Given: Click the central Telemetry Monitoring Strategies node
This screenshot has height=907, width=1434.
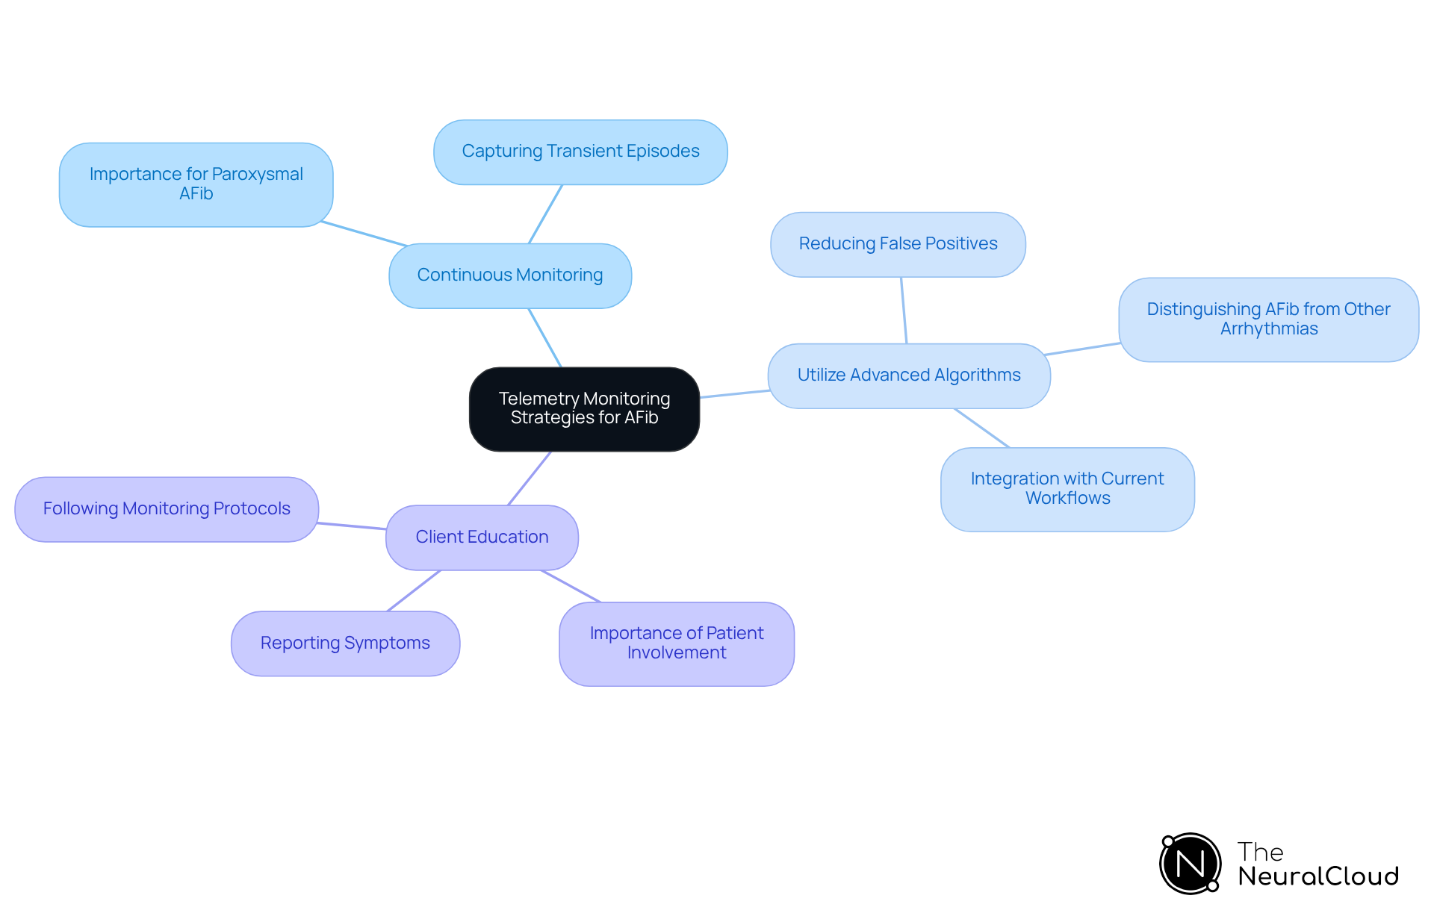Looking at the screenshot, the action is [x=584, y=409].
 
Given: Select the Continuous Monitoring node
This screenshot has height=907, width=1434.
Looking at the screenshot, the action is [x=510, y=275].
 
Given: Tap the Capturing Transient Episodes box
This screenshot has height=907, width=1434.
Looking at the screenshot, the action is [x=580, y=152].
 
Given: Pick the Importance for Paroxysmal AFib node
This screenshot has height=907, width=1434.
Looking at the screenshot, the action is [x=196, y=184].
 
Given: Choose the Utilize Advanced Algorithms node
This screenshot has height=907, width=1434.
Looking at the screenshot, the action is [x=909, y=375].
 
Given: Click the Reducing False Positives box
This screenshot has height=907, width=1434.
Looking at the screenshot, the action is [x=898, y=245].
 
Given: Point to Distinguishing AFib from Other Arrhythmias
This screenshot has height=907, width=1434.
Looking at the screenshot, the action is [x=1268, y=320].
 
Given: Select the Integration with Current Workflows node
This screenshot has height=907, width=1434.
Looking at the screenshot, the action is [x=1067, y=489].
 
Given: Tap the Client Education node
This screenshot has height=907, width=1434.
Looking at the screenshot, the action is [x=482, y=537].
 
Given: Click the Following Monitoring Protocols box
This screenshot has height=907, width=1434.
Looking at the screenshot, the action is [x=167, y=509].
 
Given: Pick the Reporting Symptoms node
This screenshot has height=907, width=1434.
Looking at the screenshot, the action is [x=345, y=643].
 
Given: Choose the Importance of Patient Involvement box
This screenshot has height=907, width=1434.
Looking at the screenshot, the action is [x=677, y=643].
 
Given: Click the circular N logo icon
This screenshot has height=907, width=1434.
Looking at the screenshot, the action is [x=1191, y=864].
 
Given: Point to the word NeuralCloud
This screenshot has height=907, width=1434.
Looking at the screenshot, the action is [x=1318, y=876].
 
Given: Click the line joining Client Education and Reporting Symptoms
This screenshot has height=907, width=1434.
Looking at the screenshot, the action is [x=414, y=590].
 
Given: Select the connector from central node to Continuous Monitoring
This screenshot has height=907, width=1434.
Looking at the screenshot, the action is [x=545, y=337].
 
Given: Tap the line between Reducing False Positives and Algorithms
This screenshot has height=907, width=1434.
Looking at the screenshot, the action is [x=904, y=310].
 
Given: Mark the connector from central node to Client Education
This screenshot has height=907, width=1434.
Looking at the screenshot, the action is [x=530, y=478].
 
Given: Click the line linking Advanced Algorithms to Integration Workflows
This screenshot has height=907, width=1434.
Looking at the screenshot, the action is [x=981, y=428].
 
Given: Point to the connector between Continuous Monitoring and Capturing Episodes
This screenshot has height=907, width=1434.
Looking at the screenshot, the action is [x=545, y=213].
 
